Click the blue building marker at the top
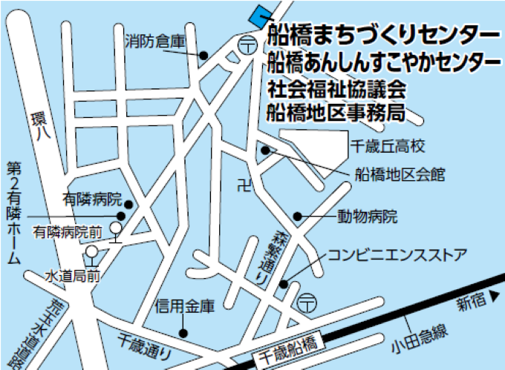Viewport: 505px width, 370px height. (259, 13)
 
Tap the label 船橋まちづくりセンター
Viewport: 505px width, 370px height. (382, 35)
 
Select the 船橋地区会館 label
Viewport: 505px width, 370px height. (400, 175)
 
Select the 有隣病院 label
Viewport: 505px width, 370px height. (92, 199)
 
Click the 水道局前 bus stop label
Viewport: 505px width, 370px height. (73, 276)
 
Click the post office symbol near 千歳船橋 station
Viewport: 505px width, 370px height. (306, 302)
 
